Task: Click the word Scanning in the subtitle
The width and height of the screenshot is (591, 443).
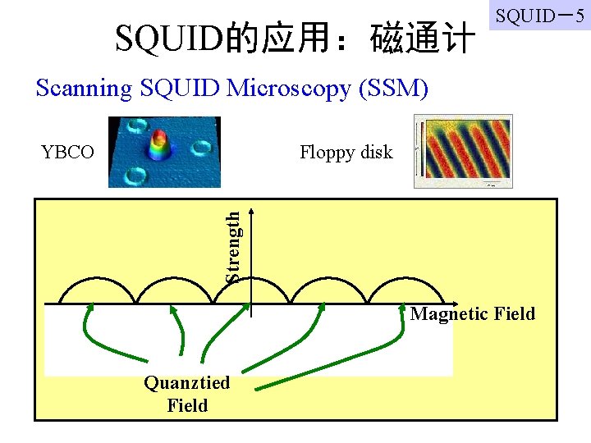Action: pyautogui.click(x=84, y=88)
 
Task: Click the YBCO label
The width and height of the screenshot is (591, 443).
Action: pyautogui.click(x=67, y=152)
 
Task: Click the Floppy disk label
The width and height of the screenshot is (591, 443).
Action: pyautogui.click(x=346, y=152)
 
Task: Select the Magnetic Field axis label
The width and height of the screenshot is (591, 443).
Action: pyautogui.click(x=472, y=313)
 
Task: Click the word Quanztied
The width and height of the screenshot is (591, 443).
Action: pyautogui.click(x=187, y=383)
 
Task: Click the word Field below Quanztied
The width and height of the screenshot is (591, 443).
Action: pyautogui.click(x=187, y=405)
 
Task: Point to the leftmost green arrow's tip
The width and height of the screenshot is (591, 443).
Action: pyautogui.click(x=90, y=307)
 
